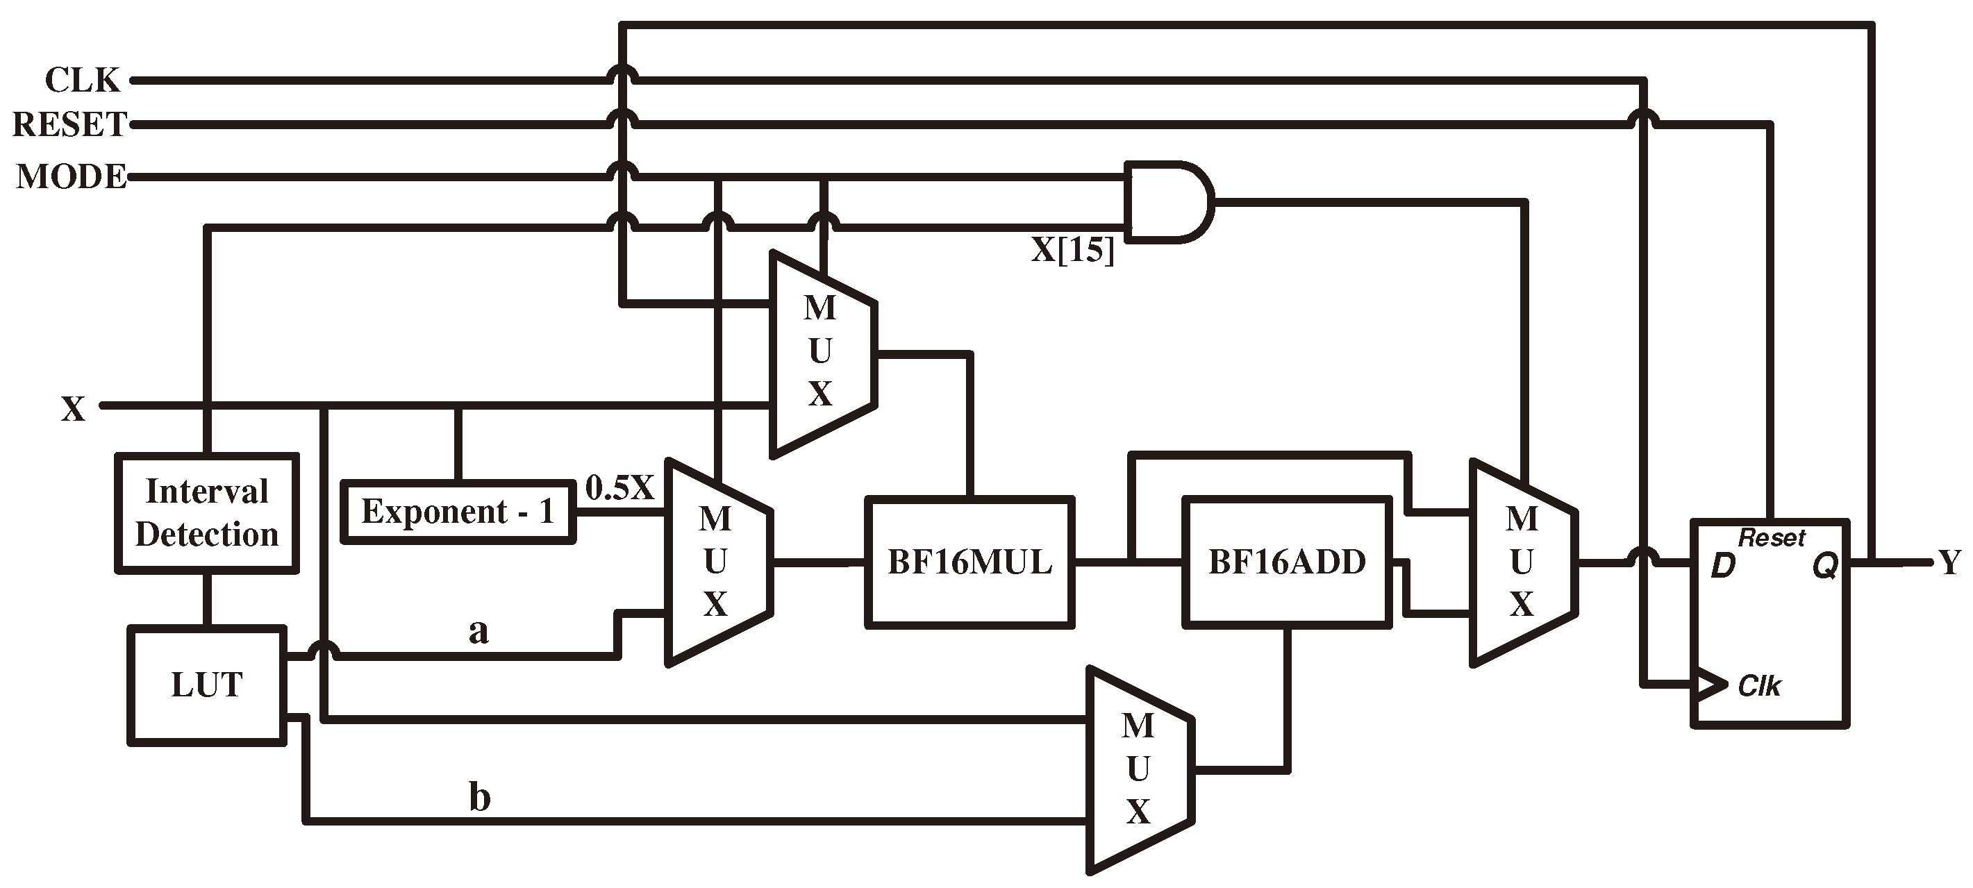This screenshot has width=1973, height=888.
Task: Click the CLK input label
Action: pos(82,80)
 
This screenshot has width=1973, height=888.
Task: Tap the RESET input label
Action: pos(69,124)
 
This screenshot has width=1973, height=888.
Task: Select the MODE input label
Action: pos(72,177)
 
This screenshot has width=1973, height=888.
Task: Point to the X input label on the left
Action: pos(73,409)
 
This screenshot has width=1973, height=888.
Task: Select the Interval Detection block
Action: pos(207,513)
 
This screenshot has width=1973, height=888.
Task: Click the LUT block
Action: pos(207,685)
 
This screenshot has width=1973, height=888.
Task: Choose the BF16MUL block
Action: pos(969,562)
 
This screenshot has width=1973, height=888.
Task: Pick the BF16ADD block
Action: pos(1287,562)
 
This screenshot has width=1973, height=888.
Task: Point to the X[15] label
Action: pos(1072,249)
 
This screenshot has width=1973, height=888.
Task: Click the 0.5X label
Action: pos(619,487)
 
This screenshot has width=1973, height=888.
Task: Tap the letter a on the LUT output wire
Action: pos(478,632)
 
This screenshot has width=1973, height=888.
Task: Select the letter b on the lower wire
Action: pos(479,798)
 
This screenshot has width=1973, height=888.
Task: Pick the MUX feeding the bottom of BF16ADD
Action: pos(1138,769)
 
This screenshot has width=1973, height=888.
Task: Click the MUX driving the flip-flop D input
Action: pos(1521,562)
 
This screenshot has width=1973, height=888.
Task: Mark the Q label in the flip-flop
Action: pos(1824,567)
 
